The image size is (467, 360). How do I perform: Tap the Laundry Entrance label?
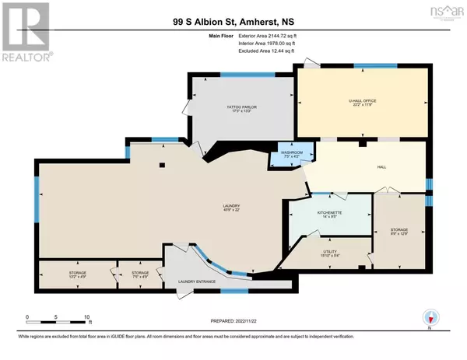click(x=197, y=281)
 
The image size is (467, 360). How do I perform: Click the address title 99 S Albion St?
click(x=233, y=23)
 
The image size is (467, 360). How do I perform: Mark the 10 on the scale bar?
click(x=87, y=318)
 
